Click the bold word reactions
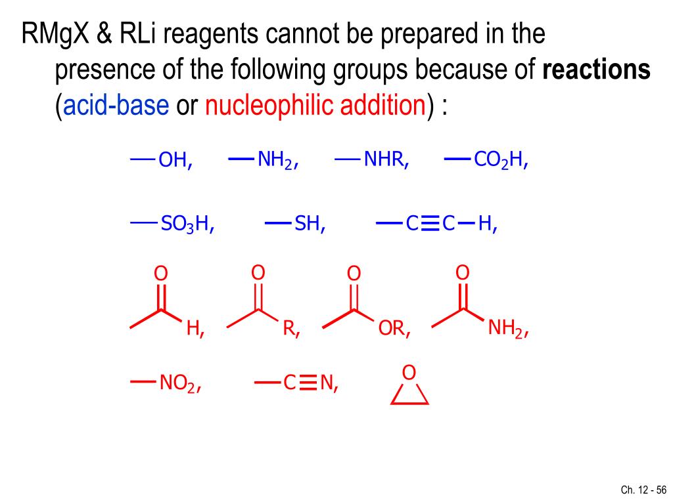click(596, 70)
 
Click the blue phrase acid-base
click(116, 105)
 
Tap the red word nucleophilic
click(270, 105)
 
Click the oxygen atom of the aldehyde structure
click(160, 273)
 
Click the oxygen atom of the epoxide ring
click(409, 373)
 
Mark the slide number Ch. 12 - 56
click(643, 490)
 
